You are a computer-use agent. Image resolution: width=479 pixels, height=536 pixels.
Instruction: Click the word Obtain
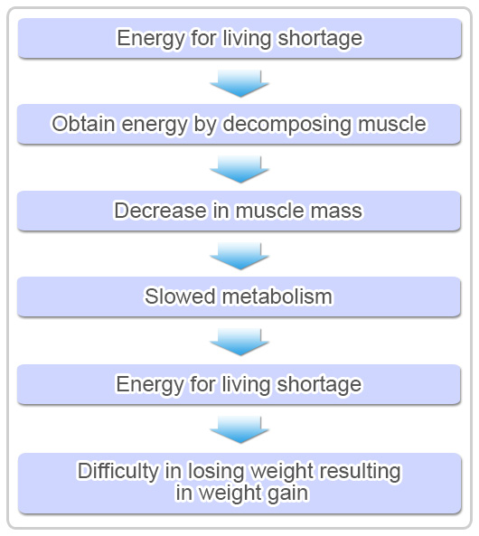pyautogui.click(x=83, y=124)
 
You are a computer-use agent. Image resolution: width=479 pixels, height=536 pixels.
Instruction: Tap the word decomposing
pyautogui.click(x=286, y=125)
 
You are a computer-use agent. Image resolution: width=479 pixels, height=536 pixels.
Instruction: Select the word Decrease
pyautogui.click(x=160, y=211)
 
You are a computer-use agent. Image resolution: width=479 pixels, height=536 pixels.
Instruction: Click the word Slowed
pyautogui.click(x=180, y=296)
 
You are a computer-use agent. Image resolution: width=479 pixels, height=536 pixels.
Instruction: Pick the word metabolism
pyautogui.click(x=277, y=296)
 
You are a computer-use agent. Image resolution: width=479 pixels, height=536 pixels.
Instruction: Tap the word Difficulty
pyautogui.click(x=118, y=472)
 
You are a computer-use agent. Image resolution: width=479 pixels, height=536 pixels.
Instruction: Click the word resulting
pyautogui.click(x=360, y=472)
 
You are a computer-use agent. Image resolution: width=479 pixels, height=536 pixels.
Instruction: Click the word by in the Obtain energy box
pyautogui.click(x=205, y=125)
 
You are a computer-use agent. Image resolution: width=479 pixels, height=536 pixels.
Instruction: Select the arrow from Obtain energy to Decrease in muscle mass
pyautogui.click(x=239, y=169)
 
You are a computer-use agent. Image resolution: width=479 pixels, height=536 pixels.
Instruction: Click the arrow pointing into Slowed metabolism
pyautogui.click(x=239, y=256)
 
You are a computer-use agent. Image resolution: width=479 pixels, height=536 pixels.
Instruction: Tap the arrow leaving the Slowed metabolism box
pyautogui.click(x=239, y=342)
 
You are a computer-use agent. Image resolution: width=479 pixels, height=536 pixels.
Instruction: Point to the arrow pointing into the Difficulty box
pyautogui.click(x=239, y=429)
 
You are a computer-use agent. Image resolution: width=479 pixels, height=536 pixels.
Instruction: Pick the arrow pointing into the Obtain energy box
pyautogui.click(x=239, y=83)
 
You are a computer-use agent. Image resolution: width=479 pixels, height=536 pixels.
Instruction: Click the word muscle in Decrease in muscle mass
pyautogui.click(x=269, y=211)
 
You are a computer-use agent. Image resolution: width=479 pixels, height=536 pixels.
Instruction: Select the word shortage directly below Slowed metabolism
pyautogui.click(x=319, y=384)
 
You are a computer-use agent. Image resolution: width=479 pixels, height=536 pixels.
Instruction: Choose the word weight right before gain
pyautogui.click(x=229, y=494)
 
